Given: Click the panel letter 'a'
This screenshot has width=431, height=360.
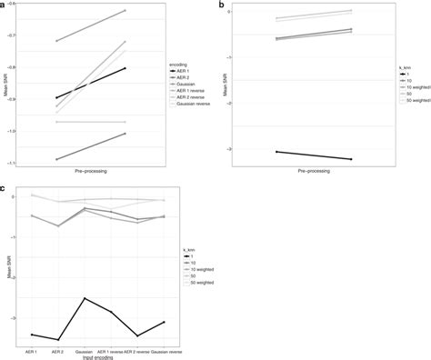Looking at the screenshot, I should tap(4, 5).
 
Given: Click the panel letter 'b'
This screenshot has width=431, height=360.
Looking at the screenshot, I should tap(222, 5).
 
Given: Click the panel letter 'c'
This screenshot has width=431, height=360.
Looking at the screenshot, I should tap(5, 189).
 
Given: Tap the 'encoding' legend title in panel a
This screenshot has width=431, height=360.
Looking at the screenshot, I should tap(178, 65).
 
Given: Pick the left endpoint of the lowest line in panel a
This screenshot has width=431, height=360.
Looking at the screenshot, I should tap(56, 160).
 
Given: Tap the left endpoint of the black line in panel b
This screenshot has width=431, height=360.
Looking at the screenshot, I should tap(276, 152).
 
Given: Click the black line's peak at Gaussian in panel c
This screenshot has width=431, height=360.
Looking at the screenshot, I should tap(84, 298).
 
